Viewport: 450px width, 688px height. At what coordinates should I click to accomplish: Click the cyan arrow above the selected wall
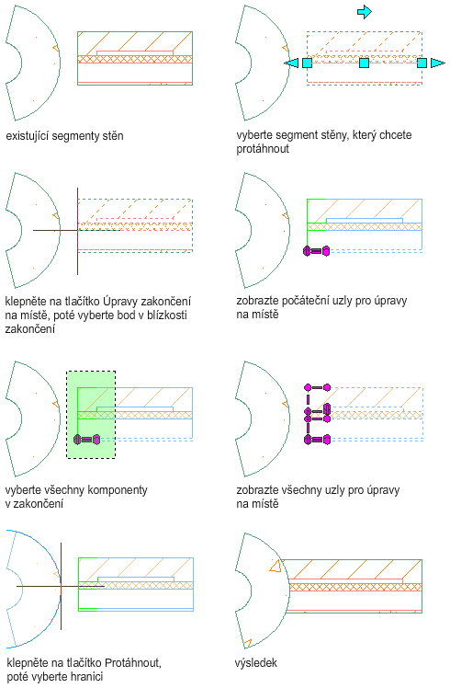pos(365,12)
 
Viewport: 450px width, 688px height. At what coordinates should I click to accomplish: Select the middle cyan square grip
pos(364,63)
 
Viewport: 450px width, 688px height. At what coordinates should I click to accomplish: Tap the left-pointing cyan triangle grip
pos(291,63)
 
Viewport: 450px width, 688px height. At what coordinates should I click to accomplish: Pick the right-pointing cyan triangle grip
pos(437,63)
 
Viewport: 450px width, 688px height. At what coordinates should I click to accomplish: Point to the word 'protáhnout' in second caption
pos(263,149)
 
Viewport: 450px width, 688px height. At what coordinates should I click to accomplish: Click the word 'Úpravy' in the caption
pos(119,302)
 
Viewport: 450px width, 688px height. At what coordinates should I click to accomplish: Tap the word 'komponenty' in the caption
pos(119,490)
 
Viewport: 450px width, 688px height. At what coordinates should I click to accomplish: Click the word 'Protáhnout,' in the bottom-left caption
pos(133,662)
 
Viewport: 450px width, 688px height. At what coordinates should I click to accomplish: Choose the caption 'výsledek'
pos(256,662)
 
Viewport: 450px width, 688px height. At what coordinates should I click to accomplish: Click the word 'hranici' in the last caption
pos(86,676)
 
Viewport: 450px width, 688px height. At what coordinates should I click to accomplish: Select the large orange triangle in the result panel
pos(276,567)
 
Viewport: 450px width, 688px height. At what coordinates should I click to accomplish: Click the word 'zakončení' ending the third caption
pos(29,328)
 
